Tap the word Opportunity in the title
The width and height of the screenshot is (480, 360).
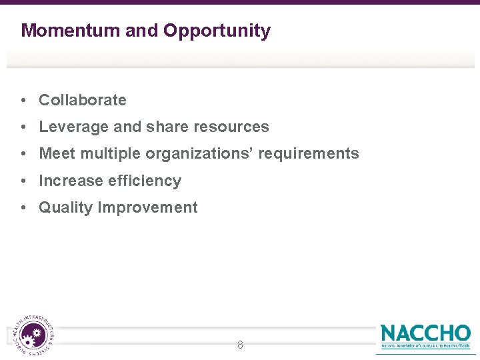tap(217, 31)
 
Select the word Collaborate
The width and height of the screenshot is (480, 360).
tap(83, 100)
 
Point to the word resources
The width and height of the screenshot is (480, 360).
tap(231, 127)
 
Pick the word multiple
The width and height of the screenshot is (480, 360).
tap(111, 154)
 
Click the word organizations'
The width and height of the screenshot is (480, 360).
tap(199, 154)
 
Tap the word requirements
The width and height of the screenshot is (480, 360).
tap(309, 154)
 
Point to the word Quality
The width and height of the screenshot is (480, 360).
tap(66, 208)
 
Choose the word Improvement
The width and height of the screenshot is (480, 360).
tap(147, 207)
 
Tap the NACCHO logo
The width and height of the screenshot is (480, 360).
tap(425, 335)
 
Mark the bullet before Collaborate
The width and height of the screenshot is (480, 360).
tap(23, 101)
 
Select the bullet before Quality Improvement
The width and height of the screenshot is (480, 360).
tap(23, 208)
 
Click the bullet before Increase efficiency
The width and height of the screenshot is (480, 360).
tap(23, 181)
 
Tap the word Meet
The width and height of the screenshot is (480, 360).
tap(58, 154)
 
